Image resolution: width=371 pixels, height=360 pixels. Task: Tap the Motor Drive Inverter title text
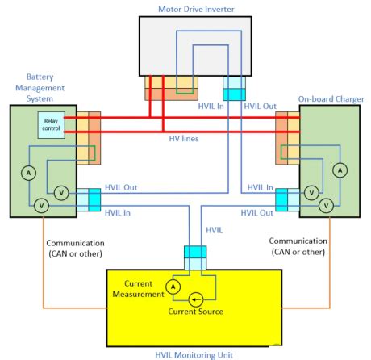[185, 8]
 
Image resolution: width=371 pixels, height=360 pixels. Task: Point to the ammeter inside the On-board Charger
[340, 170]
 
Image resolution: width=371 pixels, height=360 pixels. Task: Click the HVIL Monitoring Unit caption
[190, 351]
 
